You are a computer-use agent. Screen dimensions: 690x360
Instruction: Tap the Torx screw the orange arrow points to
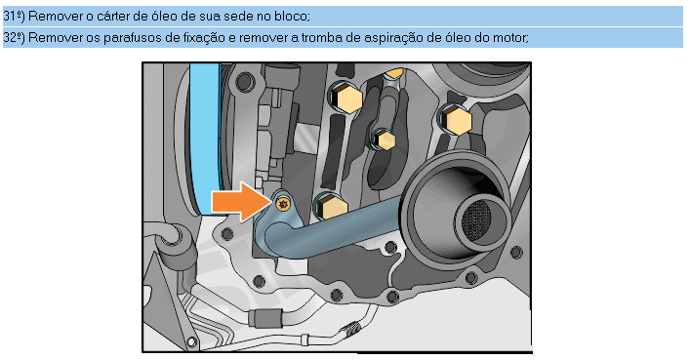[282, 203]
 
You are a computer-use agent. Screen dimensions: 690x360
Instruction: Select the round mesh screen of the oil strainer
[477, 219]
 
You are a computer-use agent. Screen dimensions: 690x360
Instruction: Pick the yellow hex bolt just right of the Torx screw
[331, 207]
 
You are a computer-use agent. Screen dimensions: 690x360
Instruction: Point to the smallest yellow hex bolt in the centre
[385, 140]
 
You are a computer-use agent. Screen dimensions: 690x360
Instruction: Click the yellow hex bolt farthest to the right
[456, 120]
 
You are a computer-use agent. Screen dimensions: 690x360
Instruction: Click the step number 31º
[14, 17]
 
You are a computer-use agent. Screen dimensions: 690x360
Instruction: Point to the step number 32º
[14, 37]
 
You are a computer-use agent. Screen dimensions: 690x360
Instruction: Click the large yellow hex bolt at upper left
[345, 98]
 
